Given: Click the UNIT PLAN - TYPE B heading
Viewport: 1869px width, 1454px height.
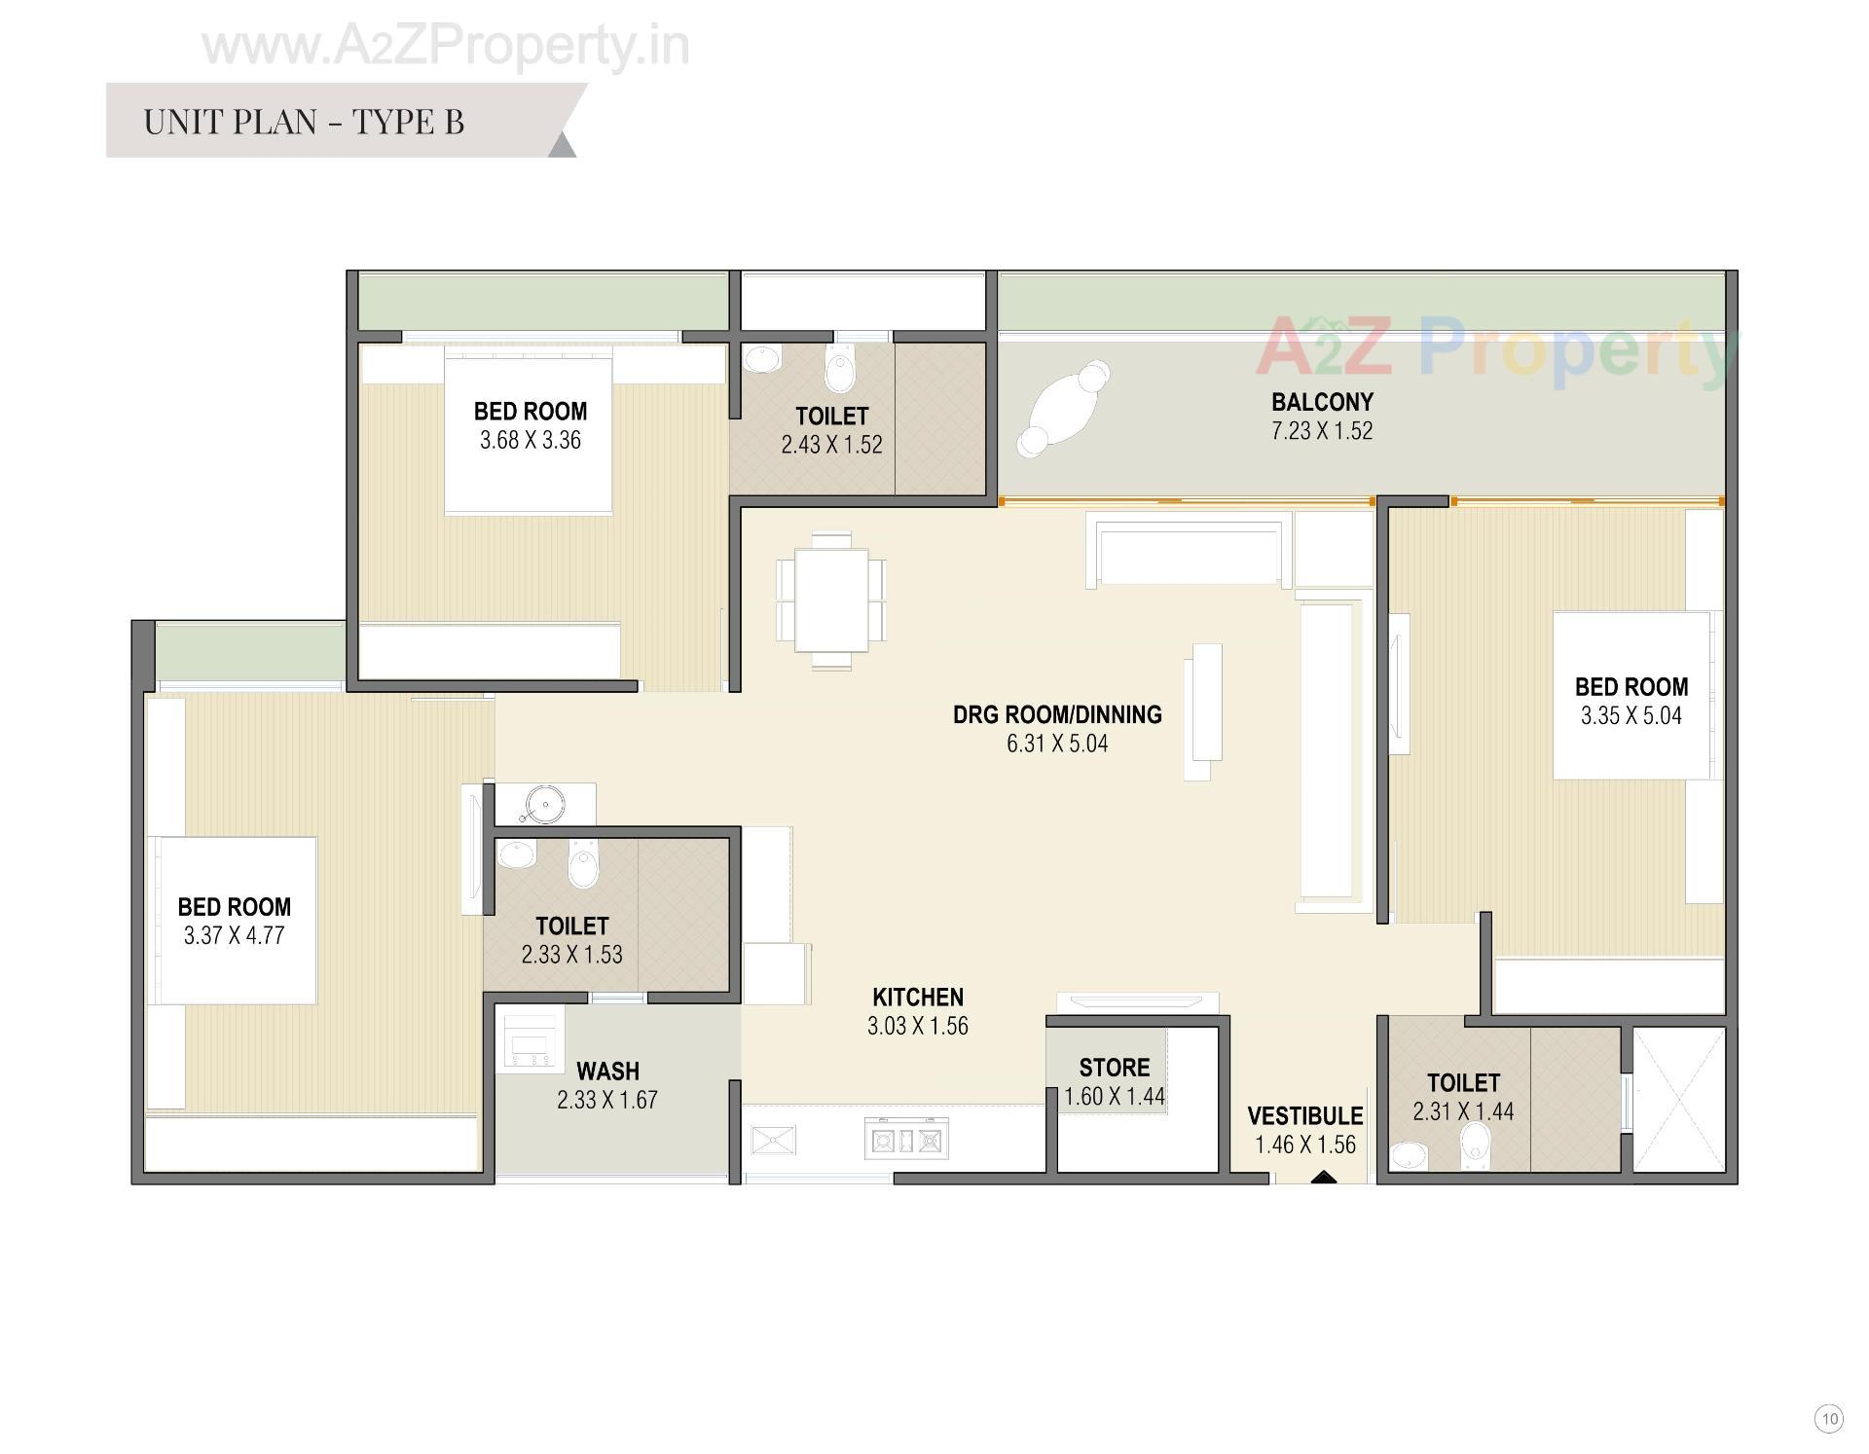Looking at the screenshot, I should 304,122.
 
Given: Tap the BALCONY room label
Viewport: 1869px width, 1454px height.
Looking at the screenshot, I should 1321,401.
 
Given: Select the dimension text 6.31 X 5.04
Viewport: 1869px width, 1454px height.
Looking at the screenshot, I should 1056,744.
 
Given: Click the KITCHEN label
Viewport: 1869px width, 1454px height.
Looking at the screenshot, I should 917,997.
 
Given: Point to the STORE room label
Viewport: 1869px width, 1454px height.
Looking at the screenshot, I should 1114,1067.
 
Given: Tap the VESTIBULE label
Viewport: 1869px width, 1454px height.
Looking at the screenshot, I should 1304,1115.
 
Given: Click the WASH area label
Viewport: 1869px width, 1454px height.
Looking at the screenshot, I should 607,1071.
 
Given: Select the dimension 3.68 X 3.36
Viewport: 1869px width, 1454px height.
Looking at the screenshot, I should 530,440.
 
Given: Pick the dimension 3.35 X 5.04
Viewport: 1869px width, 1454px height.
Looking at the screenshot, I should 1631,715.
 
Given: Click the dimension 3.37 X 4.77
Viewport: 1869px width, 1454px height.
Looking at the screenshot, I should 234,935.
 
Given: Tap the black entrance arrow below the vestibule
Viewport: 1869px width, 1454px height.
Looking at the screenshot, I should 1322,1178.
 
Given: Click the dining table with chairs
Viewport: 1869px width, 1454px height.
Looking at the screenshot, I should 830,600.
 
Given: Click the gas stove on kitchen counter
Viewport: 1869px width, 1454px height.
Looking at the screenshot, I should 906,1138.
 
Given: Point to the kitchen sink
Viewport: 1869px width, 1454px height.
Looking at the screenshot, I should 773,1139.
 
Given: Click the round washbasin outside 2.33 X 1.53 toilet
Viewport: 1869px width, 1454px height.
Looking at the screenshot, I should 545,804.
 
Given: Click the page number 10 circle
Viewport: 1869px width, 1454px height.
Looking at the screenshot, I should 1829,1418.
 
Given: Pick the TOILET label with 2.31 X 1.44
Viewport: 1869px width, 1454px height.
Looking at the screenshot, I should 1462,1082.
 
